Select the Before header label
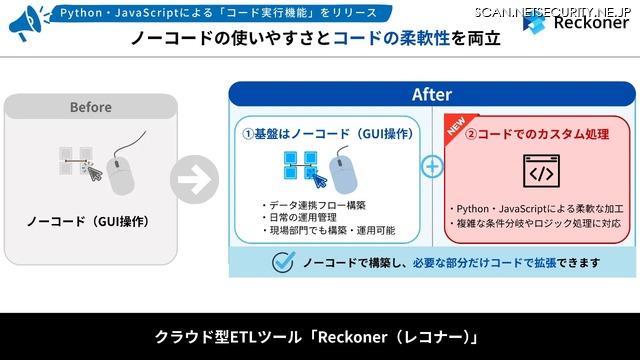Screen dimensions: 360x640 point(90,107)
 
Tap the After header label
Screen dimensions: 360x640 point(431,95)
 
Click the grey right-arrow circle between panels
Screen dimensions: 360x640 point(194,181)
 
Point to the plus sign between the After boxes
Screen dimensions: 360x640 point(432,166)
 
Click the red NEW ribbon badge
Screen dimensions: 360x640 point(457,129)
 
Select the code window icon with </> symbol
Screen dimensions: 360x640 point(539,172)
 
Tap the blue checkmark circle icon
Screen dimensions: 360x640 point(283,262)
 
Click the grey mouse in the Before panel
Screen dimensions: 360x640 point(120,176)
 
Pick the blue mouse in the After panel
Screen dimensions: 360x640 point(343,171)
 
